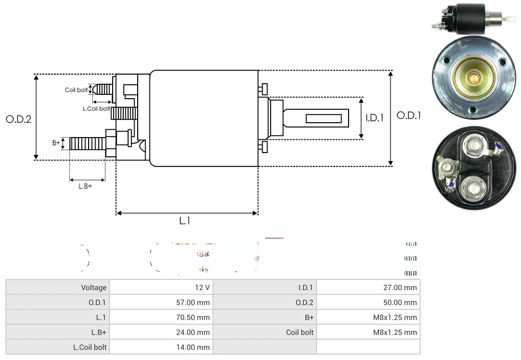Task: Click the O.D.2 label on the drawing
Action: (19, 119)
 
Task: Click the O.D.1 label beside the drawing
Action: (409, 115)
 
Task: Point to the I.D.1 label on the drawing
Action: (375, 118)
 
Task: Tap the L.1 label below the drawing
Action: (184, 221)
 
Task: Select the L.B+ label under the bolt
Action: (85, 186)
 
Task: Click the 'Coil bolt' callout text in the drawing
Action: (76, 90)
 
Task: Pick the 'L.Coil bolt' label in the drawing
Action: (96, 108)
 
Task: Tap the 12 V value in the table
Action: (202, 287)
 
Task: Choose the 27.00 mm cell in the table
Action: (400, 287)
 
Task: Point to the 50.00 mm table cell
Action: (400, 302)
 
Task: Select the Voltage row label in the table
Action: (94, 287)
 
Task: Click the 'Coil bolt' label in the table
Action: (300, 332)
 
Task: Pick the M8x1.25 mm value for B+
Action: (395, 317)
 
